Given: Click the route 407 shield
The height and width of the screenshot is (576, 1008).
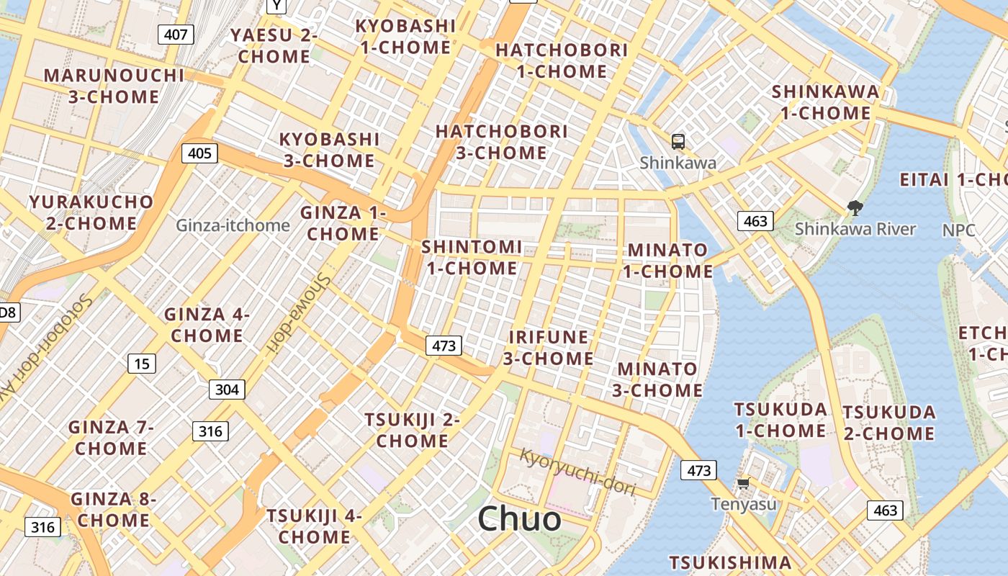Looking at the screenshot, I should [176, 34].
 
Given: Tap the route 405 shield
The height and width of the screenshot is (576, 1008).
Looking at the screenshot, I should [199, 153].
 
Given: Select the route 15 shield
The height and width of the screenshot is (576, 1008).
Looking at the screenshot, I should [142, 364].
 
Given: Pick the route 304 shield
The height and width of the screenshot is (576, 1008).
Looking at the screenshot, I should [227, 390].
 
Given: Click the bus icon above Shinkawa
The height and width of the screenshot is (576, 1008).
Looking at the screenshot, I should [678, 141].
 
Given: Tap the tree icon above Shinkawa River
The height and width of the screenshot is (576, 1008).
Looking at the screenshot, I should [855, 209].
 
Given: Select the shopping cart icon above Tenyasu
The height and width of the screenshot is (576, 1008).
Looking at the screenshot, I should [743, 483].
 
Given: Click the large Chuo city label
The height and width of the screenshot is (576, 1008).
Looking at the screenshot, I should [519, 519].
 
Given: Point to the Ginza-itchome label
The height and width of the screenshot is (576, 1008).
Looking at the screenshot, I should [233, 225].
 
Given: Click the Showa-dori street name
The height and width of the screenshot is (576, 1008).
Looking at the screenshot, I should [296, 314].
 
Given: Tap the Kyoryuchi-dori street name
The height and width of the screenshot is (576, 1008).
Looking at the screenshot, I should [578, 472].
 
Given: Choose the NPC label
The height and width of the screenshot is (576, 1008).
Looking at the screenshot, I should [959, 230].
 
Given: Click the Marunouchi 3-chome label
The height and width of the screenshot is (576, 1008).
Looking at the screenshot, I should [114, 86].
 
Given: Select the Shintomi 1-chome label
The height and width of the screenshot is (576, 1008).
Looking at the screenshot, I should [472, 257].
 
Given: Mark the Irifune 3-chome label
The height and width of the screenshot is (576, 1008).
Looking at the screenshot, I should [549, 348].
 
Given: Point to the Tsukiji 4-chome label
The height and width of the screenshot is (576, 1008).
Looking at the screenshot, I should [314, 526].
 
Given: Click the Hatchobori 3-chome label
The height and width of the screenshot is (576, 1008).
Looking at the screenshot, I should [502, 142].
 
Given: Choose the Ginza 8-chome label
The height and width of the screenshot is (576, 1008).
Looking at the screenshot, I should [114, 509].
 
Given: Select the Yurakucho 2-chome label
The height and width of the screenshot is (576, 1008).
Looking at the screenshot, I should [91, 212].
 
